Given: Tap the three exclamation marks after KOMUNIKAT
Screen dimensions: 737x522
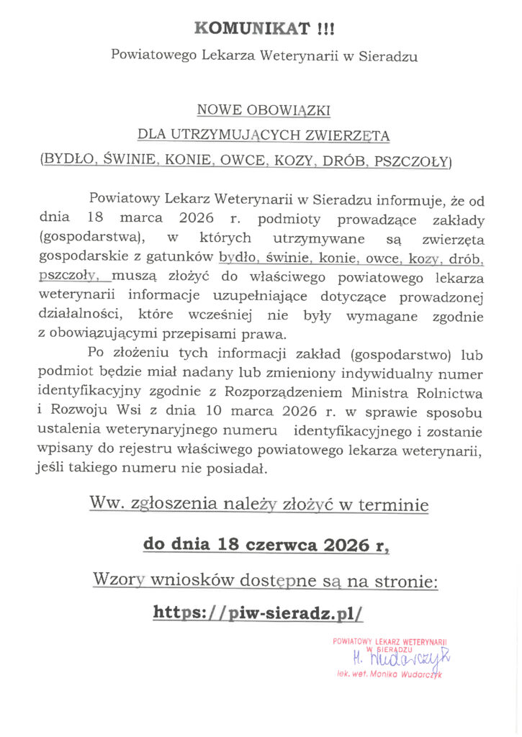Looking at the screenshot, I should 325,29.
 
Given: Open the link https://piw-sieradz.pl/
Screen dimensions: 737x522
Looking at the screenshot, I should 258,613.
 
